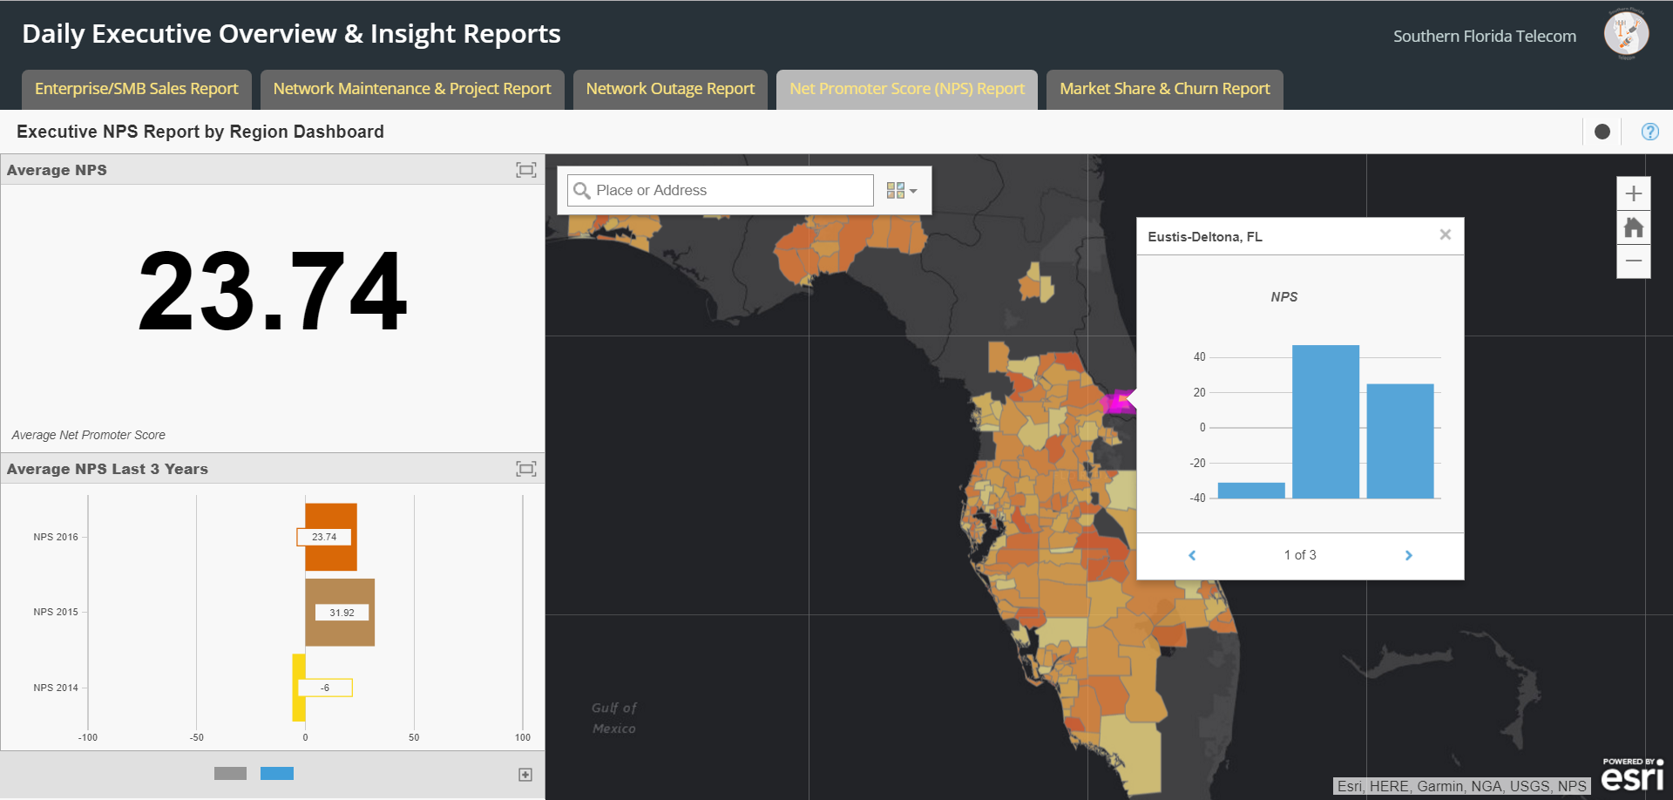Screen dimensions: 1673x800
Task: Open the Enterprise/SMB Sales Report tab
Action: (137, 89)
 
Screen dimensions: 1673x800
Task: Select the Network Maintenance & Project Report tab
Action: (412, 89)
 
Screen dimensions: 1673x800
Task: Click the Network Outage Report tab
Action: (670, 89)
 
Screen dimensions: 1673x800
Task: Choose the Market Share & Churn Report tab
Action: (1165, 89)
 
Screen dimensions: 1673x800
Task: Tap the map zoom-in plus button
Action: (1634, 193)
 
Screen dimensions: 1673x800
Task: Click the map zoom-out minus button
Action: (1634, 261)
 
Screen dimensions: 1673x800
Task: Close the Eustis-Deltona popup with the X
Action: (1446, 234)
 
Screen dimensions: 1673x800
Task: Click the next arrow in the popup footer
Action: (1409, 555)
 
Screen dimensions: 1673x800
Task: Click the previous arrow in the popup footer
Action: (1192, 555)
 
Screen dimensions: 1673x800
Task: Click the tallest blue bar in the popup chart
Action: (1325, 422)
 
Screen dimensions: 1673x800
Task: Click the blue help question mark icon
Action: (1649, 132)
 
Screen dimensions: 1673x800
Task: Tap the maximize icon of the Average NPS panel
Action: (526, 170)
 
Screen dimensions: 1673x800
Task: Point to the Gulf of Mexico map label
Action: (614, 718)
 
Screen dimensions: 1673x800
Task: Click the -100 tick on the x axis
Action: (88, 737)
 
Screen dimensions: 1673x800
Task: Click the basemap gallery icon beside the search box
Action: (901, 190)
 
